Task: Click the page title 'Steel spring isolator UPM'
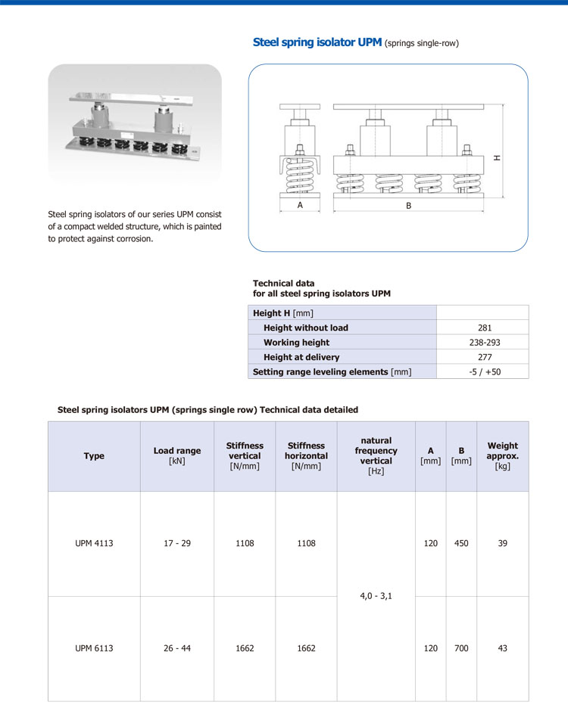point(317,42)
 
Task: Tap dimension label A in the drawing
point(300,205)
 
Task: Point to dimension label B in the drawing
point(408,205)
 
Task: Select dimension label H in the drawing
point(497,158)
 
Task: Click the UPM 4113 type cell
point(94,543)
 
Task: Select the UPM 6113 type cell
point(94,648)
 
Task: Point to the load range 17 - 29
point(177,543)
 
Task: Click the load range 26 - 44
point(177,648)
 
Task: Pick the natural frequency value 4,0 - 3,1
point(376,596)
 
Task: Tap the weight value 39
point(503,543)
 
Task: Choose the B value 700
point(461,648)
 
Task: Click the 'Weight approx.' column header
point(503,456)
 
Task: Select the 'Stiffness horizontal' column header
point(306,456)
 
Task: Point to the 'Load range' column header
point(177,455)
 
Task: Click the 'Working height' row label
point(296,342)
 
